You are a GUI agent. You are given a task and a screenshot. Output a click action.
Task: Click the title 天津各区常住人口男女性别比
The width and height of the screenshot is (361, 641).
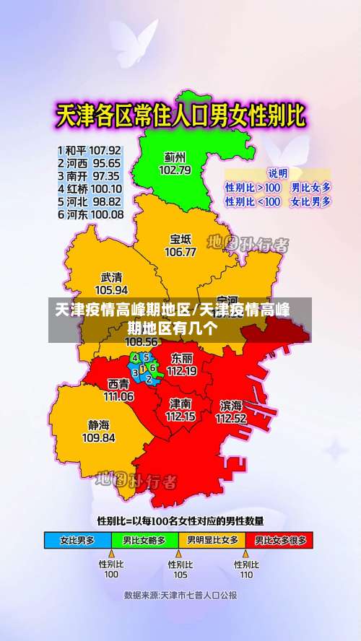(180, 115)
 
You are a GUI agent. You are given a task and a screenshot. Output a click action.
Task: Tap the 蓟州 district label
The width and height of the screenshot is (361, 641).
(175, 156)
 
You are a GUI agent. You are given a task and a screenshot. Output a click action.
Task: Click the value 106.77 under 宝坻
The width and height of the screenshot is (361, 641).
(180, 252)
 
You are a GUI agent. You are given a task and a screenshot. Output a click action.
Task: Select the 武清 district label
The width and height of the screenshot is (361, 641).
(111, 276)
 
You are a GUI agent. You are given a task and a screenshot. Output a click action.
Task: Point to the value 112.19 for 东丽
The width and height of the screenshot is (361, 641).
(181, 371)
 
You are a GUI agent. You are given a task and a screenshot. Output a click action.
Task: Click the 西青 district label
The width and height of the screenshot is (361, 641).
(118, 384)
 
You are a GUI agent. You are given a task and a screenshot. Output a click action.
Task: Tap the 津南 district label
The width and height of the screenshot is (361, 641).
(180, 403)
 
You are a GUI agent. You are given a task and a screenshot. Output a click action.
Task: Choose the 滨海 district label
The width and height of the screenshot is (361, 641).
(231, 405)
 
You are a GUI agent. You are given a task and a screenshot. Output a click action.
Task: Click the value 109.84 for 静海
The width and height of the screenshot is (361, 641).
(98, 437)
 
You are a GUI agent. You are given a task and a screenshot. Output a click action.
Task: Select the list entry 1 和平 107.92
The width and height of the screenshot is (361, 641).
(89, 151)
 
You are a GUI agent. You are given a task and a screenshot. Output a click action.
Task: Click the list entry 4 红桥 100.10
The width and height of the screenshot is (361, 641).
(89, 188)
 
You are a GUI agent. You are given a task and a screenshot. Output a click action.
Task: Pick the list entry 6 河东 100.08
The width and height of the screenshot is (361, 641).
(89, 214)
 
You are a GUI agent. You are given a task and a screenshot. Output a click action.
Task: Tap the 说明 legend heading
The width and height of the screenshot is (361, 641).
(278, 173)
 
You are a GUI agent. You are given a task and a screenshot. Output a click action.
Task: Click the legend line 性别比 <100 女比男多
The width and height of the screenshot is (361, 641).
(278, 202)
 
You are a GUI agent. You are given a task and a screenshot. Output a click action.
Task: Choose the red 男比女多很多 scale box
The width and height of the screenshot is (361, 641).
(280, 540)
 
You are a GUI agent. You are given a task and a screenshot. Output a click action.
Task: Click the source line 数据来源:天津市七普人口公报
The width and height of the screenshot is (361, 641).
(180, 596)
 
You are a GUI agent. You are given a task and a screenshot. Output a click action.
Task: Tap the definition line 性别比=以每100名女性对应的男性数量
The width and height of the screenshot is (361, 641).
(180, 520)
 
